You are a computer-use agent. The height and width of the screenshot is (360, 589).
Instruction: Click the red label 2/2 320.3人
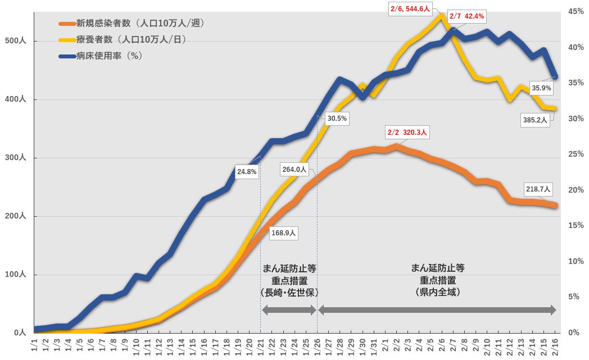coord(407,133)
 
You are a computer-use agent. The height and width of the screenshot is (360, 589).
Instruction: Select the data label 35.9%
coord(542,88)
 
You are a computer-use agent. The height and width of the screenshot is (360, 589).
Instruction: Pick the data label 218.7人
coord(538,189)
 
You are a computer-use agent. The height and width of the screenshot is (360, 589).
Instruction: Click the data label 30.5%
coord(337,119)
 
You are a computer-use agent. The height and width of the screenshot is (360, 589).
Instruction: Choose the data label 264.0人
coord(294,169)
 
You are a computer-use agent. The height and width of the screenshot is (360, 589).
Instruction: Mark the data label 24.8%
coord(247,172)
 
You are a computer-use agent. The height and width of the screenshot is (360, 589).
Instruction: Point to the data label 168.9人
coord(283,233)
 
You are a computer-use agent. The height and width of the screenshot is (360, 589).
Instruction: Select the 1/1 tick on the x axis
coord(34,344)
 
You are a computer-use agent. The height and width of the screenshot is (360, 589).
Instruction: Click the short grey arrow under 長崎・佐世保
coord(289,310)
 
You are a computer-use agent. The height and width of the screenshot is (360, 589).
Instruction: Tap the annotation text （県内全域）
coord(437,292)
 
